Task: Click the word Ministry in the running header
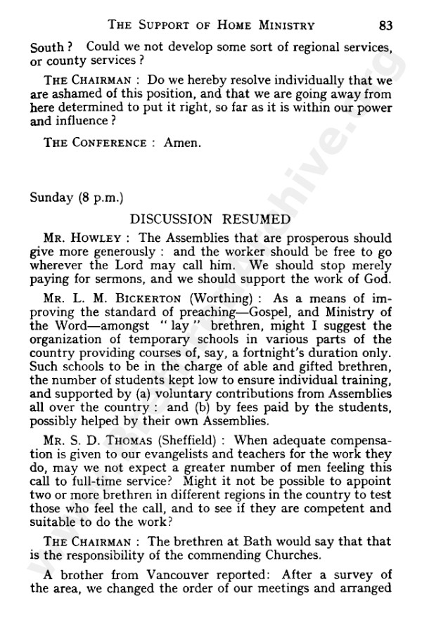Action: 284,26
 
